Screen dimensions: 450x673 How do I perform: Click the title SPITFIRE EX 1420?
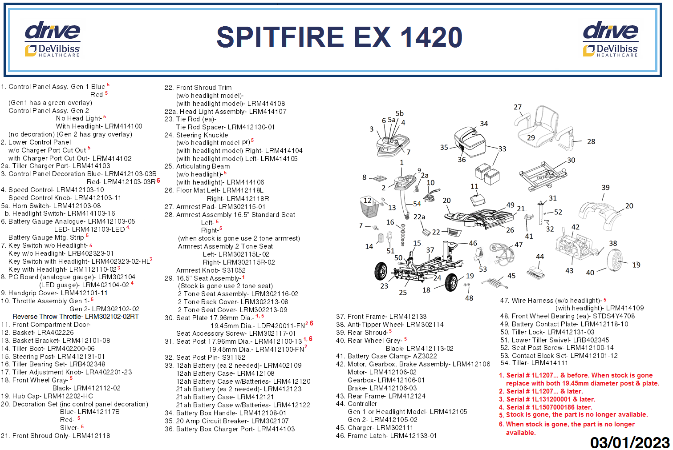[339, 37]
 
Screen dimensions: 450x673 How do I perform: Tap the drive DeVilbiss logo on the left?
[53, 39]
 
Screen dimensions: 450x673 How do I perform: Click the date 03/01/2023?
[629, 442]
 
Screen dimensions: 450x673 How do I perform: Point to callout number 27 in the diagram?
[517, 107]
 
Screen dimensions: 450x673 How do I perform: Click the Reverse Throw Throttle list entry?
[76, 317]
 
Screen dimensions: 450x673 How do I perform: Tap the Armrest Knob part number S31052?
[234, 270]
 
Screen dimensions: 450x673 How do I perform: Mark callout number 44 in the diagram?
[539, 257]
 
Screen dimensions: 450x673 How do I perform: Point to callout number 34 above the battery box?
[484, 124]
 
